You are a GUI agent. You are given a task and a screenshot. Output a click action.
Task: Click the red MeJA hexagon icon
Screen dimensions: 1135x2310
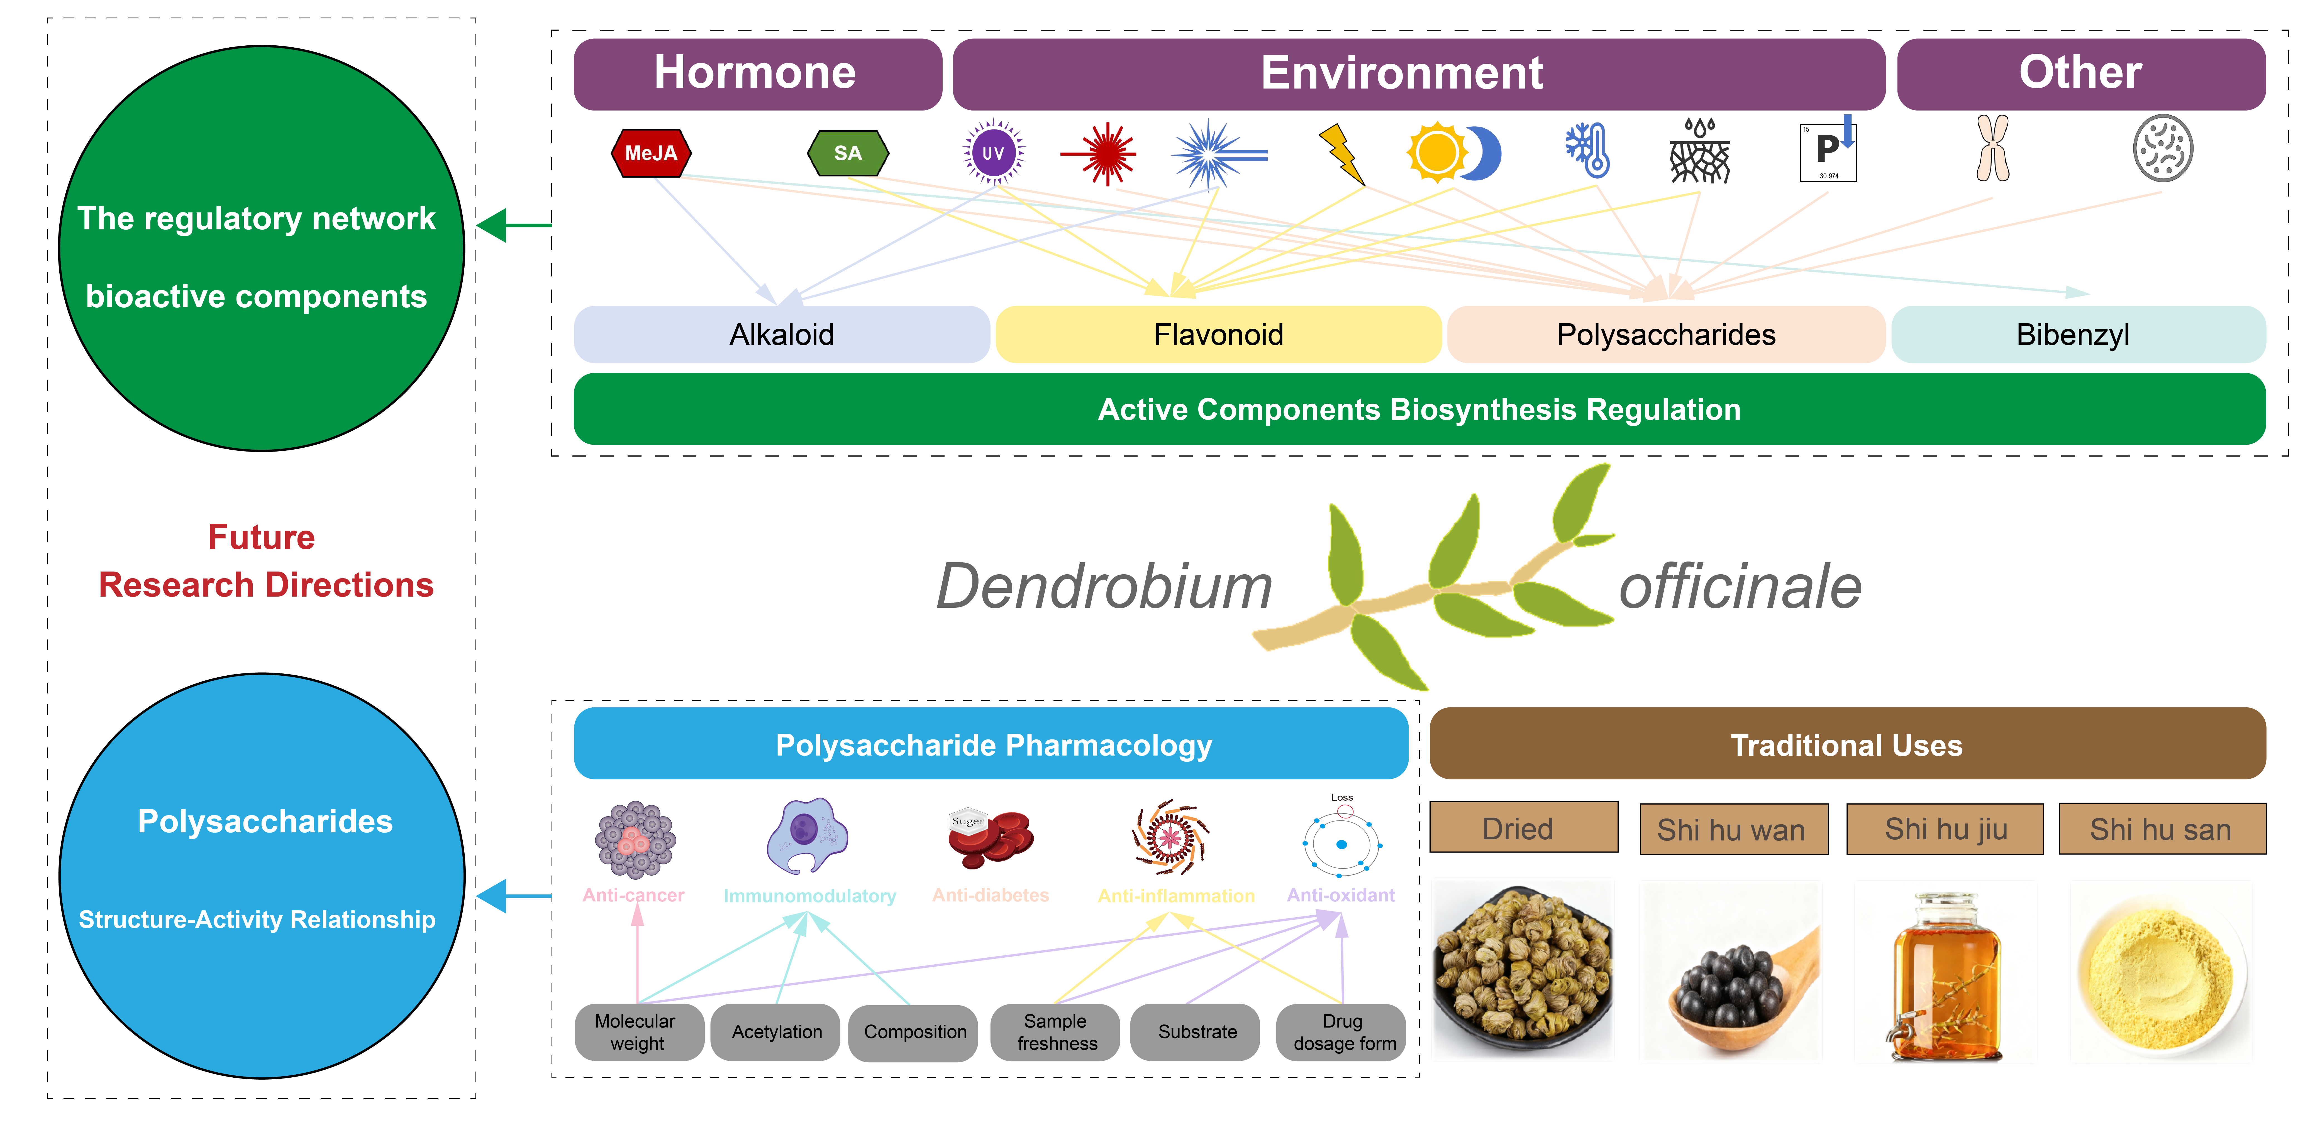point(651,153)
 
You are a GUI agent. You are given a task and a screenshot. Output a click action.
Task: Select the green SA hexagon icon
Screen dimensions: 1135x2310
point(847,153)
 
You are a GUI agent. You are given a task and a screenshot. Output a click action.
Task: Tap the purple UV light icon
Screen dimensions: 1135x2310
point(993,152)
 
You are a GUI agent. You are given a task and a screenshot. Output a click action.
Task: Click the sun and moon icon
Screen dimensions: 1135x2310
point(1453,152)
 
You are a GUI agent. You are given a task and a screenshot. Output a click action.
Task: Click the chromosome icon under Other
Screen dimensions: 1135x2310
point(1992,149)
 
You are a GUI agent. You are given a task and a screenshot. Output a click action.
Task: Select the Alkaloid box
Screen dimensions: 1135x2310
point(781,334)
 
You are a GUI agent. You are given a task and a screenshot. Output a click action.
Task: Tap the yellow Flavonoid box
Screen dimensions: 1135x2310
point(1218,334)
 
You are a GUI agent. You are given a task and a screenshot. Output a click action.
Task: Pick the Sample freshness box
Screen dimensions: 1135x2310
point(1055,1032)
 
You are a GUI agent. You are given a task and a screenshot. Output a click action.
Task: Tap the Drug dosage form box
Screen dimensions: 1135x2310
point(1341,1032)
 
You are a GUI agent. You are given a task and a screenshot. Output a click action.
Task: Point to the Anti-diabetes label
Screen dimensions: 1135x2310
point(990,895)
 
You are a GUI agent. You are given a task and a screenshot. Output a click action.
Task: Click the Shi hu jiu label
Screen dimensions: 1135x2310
point(1945,829)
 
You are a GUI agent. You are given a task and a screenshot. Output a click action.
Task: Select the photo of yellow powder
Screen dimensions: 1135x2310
point(2160,973)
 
